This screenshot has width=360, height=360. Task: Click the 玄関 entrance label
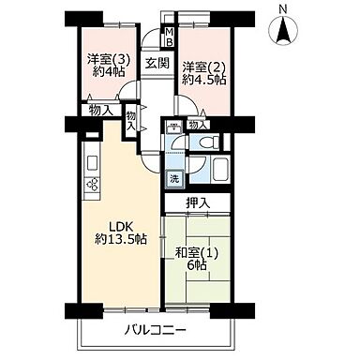[156, 64]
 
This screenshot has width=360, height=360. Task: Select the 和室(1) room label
[195, 250]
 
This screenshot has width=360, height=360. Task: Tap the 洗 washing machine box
[174, 178]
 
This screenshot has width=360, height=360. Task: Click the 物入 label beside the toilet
[197, 123]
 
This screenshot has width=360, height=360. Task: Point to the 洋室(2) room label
[203, 67]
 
